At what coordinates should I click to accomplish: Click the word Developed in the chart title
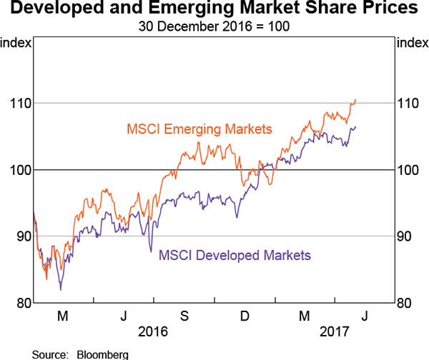click(51, 10)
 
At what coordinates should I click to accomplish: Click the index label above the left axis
click(16, 42)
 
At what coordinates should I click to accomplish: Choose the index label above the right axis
click(411, 42)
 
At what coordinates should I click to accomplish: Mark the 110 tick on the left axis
click(20, 103)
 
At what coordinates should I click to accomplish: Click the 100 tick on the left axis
click(20, 170)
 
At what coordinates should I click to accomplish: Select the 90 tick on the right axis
click(405, 236)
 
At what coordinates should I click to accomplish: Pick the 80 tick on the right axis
click(405, 303)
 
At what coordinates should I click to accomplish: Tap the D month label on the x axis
click(244, 316)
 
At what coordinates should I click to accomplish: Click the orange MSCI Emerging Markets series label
click(199, 129)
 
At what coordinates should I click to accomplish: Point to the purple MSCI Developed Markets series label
click(235, 255)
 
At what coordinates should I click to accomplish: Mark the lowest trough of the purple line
click(61, 289)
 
